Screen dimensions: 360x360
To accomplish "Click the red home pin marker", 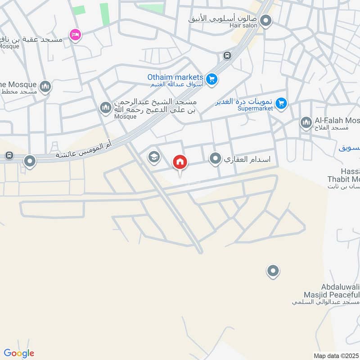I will (180, 162).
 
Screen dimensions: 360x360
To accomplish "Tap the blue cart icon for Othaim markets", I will (212, 80).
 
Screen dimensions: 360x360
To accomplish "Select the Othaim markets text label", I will (175, 77).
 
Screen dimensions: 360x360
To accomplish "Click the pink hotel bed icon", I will (75, 34).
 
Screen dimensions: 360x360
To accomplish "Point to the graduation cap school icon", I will (154, 157).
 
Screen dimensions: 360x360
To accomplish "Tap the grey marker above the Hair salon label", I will (266, 20).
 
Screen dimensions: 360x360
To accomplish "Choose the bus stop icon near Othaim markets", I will (227, 56).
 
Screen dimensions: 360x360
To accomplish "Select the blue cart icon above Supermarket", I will (281, 103).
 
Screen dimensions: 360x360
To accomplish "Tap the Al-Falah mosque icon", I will (306, 122).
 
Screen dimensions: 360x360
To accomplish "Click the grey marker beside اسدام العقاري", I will (216, 158).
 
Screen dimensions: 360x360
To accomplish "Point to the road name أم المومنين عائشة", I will (84, 152).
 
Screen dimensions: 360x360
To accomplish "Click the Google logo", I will (19, 353).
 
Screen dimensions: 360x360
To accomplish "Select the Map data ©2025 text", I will (335, 355).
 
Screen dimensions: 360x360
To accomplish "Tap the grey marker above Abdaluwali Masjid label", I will (273, 271).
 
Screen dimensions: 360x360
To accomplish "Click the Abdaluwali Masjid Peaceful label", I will (340, 291).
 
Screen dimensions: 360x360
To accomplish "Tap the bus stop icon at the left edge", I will (8, 156).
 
